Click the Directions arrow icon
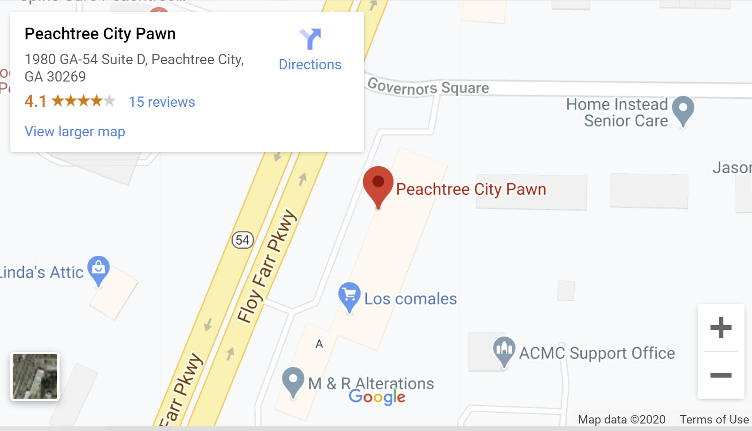coord(310,39)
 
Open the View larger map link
coord(75,132)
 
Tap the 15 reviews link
coord(162,102)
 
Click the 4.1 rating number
coord(35,101)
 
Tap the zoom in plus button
coord(721,327)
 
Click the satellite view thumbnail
coord(35,376)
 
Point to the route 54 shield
coord(243,240)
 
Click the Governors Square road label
coord(428,88)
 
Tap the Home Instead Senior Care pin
coord(683,109)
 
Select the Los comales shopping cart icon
coord(349,295)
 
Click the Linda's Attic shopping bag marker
coord(99,268)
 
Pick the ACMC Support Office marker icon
coord(504,349)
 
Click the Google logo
coord(377,397)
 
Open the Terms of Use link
coord(714,419)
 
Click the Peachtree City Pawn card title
coord(100,34)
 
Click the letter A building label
coord(319,344)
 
